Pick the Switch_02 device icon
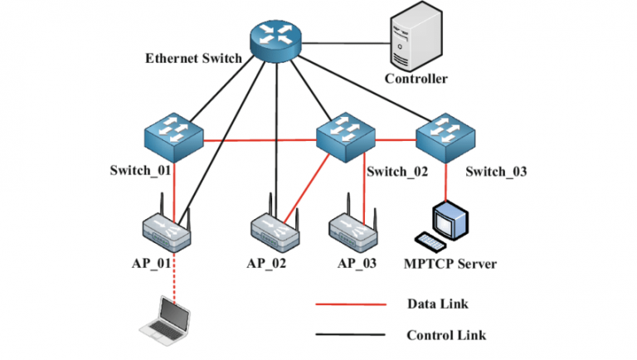pos(346,139)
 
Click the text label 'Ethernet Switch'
pos(193,59)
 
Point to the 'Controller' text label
pos(416,79)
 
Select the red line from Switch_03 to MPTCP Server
pos(448,181)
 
